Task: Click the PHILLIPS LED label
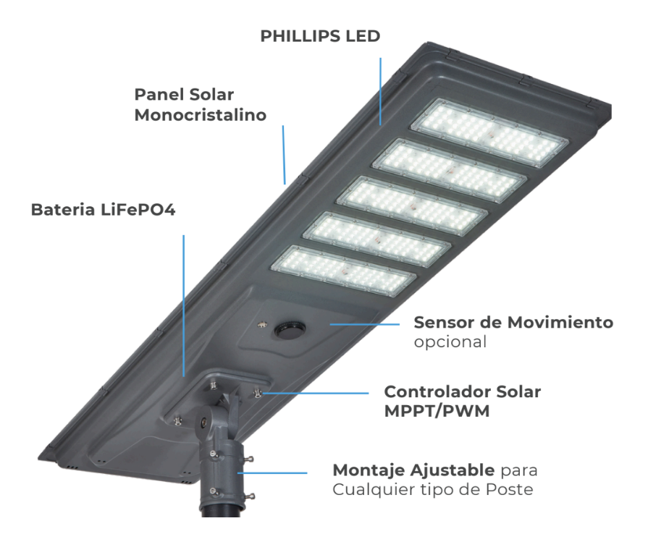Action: tap(320, 36)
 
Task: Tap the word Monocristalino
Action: tap(200, 115)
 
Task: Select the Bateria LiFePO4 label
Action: tap(103, 209)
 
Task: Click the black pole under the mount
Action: tap(219, 521)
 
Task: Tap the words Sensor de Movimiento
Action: tap(513, 322)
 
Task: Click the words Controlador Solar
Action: tap(462, 391)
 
